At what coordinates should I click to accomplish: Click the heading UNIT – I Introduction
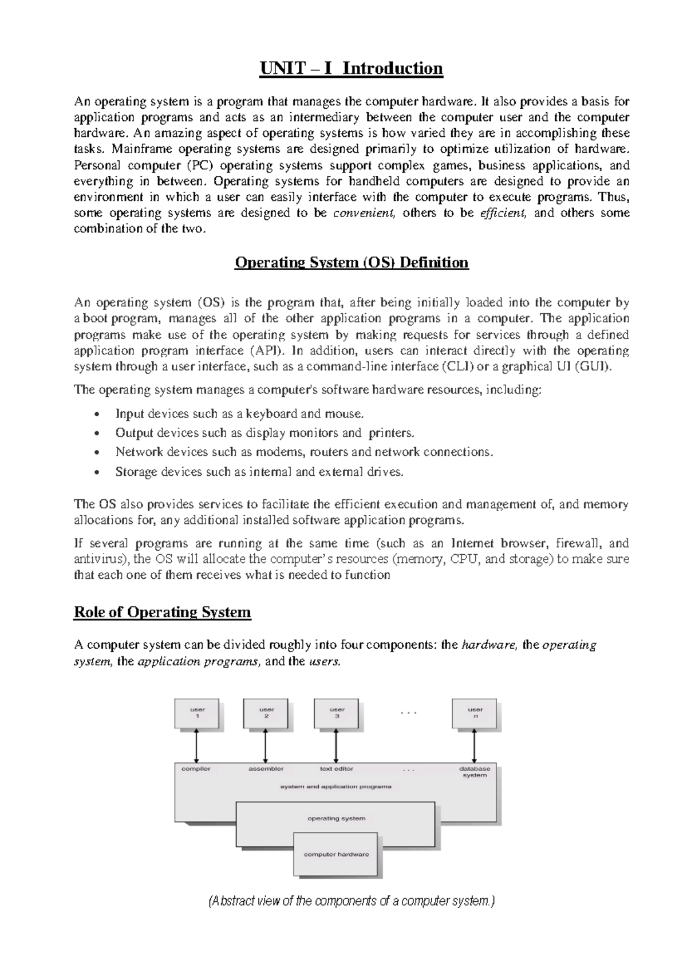click(352, 69)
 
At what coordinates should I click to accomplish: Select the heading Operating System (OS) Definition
click(352, 263)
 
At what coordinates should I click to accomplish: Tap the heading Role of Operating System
click(163, 612)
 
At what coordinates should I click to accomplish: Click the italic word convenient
click(364, 213)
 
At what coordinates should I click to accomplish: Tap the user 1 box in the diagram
click(198, 713)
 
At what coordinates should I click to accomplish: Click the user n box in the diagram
click(475, 713)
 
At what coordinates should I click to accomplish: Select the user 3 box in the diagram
click(337, 713)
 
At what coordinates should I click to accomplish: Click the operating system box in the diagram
click(336, 819)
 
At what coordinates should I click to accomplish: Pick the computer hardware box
click(336, 854)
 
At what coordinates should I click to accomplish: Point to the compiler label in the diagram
click(196, 769)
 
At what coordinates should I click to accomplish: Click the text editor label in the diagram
click(336, 769)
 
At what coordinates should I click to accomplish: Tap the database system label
click(475, 772)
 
